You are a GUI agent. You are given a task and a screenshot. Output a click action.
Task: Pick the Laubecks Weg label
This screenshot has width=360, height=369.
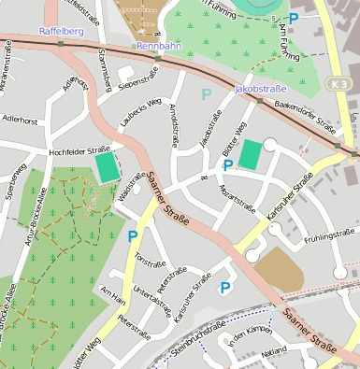(140, 112)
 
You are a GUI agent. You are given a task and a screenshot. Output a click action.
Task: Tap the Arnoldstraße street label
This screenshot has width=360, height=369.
(172, 125)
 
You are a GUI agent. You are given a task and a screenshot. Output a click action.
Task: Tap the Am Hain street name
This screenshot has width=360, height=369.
(113, 296)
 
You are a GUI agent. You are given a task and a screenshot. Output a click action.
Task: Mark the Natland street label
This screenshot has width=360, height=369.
(274, 351)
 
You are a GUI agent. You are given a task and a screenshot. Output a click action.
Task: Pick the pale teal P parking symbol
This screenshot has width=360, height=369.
(207, 94)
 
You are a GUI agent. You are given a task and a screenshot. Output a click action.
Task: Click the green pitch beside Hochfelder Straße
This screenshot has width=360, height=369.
(108, 168)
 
